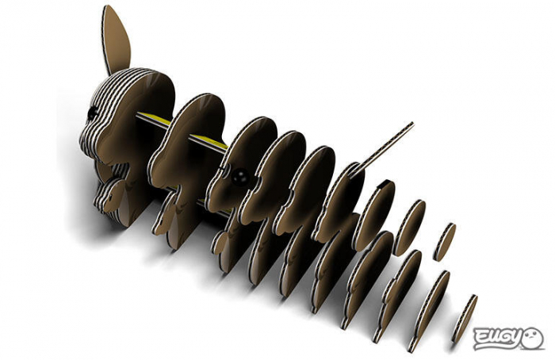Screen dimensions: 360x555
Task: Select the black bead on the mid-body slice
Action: [x=237, y=179]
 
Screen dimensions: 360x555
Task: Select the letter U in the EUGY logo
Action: [x=499, y=339]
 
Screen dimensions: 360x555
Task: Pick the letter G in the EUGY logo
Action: [x=513, y=339]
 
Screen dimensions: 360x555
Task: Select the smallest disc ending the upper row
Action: [x=445, y=241]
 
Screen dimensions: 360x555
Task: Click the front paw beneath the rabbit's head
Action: [x=112, y=193]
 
